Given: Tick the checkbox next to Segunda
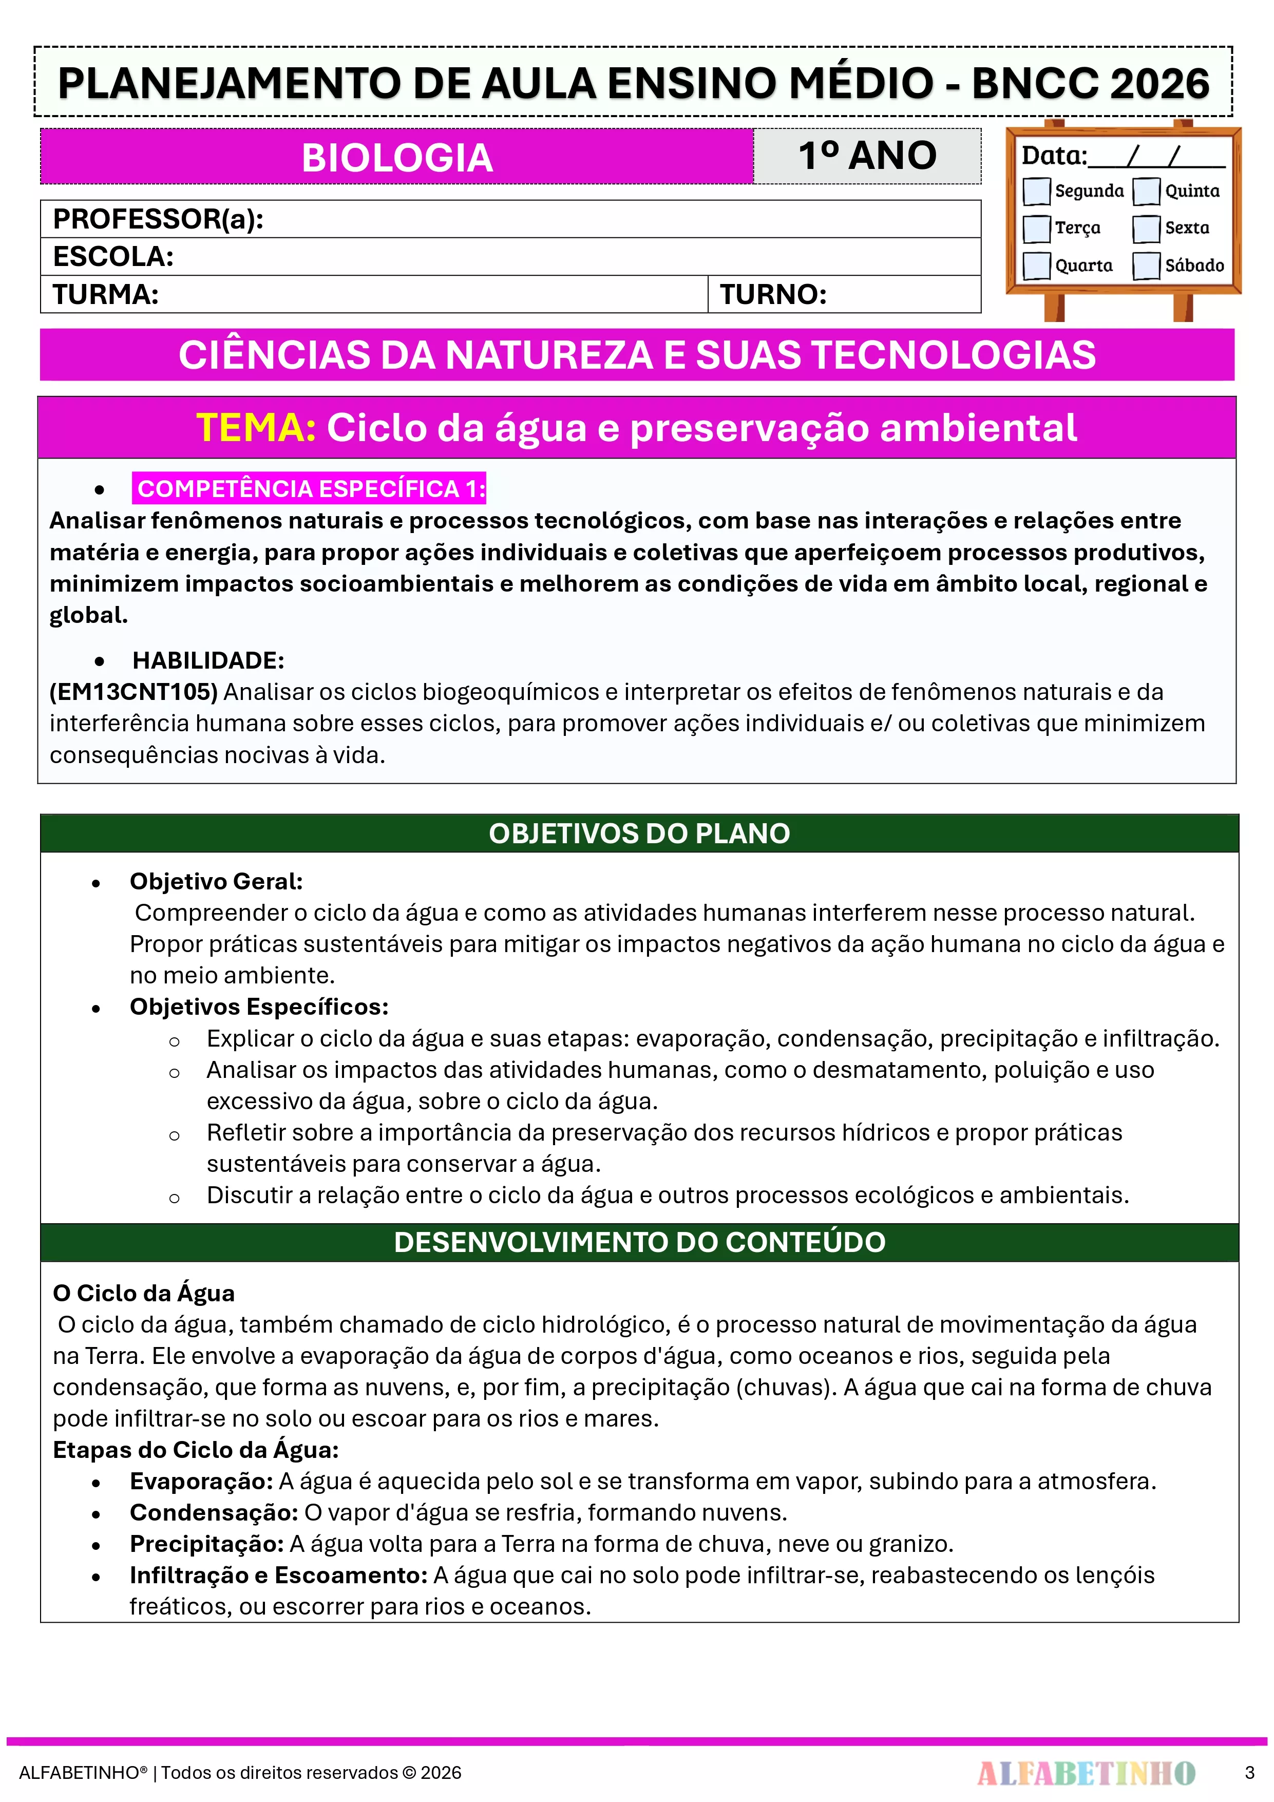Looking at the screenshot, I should point(1036,191).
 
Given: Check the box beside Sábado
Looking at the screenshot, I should point(1146,265).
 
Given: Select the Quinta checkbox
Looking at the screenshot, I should point(1146,191).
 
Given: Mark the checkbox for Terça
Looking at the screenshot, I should point(1036,229).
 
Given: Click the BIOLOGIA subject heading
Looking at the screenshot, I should point(397,158).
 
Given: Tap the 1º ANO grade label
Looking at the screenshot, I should point(867,156).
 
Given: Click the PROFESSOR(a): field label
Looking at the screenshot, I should point(158,219).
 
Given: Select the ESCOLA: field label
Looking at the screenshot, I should point(113,257).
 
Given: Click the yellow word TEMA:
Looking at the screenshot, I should point(256,428).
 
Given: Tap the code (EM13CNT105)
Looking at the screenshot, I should point(134,691).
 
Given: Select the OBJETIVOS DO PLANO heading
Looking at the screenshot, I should point(639,833).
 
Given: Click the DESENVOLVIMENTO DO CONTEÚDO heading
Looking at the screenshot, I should point(639,1242).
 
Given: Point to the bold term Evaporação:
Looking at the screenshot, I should point(201,1481).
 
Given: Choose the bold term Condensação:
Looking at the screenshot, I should point(214,1512).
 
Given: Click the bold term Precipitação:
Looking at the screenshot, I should point(206,1544).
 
